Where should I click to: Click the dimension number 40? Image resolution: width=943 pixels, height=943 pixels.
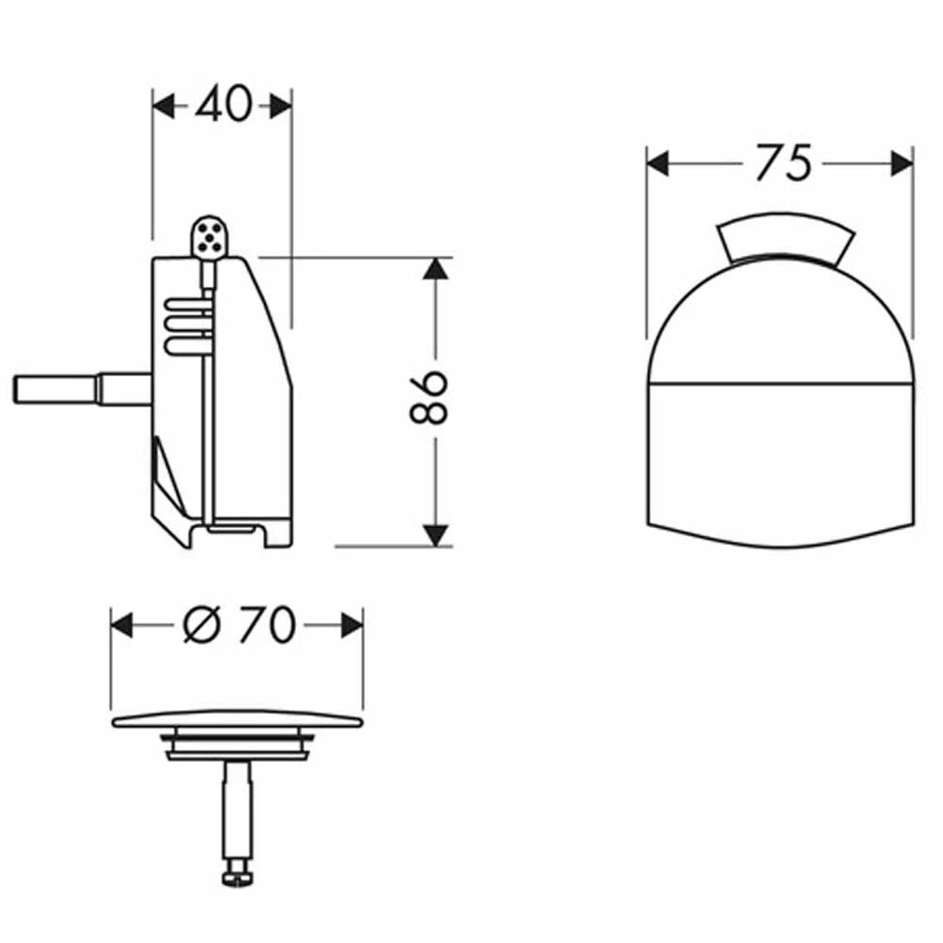coord(223,104)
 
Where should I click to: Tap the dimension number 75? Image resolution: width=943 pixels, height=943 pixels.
coord(784,162)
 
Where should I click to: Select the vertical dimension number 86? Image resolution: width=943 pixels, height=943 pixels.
coord(429,398)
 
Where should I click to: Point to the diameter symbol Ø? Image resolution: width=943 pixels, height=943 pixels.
coord(199,624)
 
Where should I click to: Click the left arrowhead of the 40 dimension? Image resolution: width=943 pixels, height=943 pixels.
coord(163,107)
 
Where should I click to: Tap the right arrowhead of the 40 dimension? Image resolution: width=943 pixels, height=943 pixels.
coord(281,107)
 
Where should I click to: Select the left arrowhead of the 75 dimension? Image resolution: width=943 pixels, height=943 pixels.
coord(657,163)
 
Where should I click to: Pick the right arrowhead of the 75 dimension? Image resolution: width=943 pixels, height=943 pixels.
coord(902,163)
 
